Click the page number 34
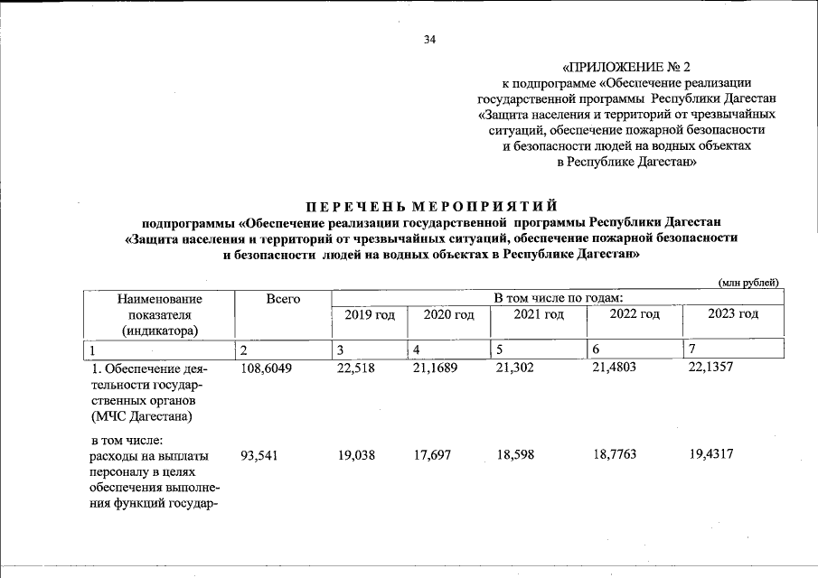point(429,40)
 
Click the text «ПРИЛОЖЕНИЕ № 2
point(625,67)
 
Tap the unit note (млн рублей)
point(748,283)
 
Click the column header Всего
point(283,299)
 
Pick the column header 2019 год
point(370,314)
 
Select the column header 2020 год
point(448,314)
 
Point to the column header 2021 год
point(538,314)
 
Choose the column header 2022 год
point(634,314)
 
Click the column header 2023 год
point(732,314)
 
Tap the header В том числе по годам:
point(557,298)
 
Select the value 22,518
point(355,368)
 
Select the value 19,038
point(356,456)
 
